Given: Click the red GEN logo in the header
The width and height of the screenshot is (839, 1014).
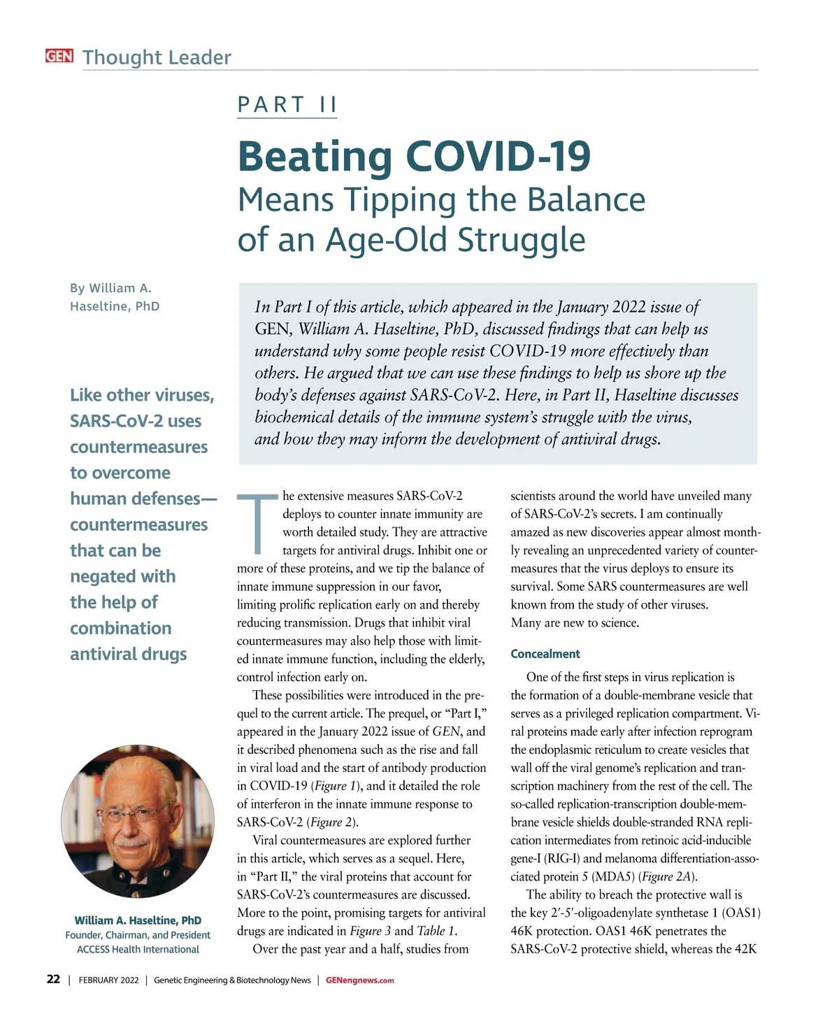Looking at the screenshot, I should pyautogui.click(x=59, y=56).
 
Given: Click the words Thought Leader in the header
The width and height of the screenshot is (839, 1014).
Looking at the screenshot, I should pyautogui.click(x=157, y=57).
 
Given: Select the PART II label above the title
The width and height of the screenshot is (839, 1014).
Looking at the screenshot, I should pyautogui.click(x=287, y=105).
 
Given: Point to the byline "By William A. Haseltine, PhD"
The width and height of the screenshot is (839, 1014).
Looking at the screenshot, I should pyautogui.click(x=114, y=297).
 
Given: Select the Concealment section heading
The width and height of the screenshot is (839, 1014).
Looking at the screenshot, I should pyautogui.click(x=545, y=654).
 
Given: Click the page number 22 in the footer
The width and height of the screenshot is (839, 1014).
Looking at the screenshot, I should pyautogui.click(x=53, y=980).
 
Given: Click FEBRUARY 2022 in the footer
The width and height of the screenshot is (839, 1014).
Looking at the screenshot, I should pyautogui.click(x=108, y=980).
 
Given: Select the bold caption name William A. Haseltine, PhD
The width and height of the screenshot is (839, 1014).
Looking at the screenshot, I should pyautogui.click(x=138, y=920).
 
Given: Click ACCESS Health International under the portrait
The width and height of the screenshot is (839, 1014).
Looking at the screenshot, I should pyautogui.click(x=138, y=950).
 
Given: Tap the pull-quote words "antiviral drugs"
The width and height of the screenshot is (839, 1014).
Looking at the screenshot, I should pyautogui.click(x=129, y=654).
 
